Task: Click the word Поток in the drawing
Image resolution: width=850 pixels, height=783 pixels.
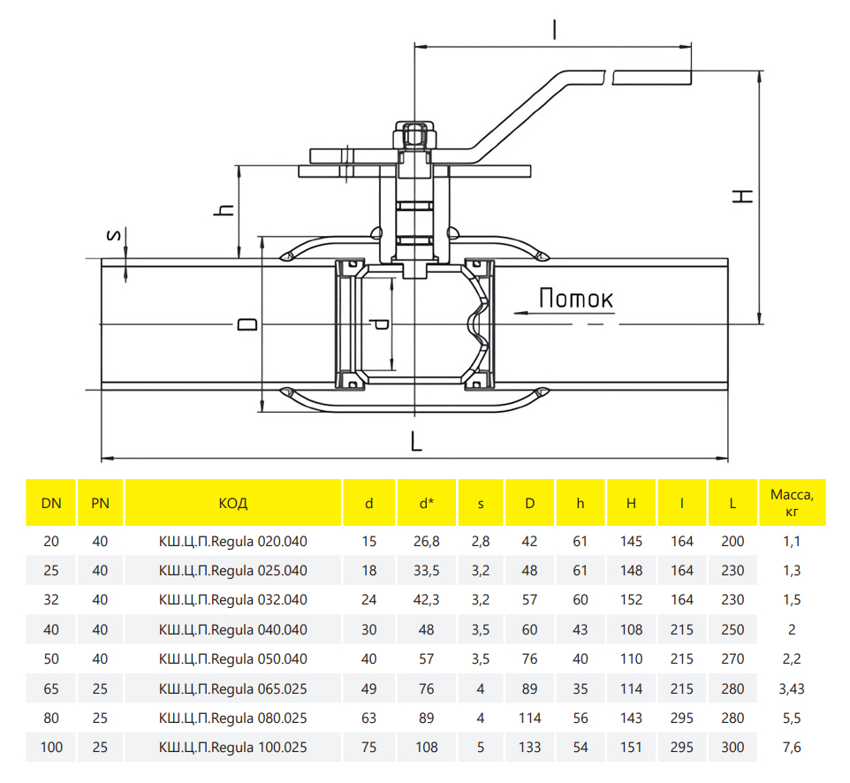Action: click(576, 300)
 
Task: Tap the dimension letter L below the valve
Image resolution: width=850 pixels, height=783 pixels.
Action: click(416, 440)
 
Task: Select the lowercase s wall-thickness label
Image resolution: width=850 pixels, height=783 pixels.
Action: click(112, 235)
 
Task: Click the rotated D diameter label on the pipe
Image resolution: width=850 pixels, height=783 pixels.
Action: click(250, 325)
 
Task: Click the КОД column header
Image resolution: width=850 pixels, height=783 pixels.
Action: click(232, 504)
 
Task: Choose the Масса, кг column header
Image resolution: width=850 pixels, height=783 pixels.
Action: click(791, 503)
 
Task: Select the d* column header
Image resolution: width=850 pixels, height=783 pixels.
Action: click(426, 504)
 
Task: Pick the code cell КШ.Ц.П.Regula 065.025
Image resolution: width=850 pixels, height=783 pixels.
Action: click(232, 688)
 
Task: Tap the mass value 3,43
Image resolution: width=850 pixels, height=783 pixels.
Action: click(791, 688)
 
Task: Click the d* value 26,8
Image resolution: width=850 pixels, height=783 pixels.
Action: click(426, 541)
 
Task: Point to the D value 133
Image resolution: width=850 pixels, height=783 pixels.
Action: click(529, 748)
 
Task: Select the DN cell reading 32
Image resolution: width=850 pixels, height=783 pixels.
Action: click(51, 600)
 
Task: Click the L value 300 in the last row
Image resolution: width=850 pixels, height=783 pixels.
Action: click(732, 748)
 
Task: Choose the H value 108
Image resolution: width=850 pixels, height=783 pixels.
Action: click(631, 630)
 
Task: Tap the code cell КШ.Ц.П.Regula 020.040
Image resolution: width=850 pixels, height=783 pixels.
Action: click(232, 541)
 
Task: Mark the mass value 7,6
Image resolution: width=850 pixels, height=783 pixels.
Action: click(791, 748)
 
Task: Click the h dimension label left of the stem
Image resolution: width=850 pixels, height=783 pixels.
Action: click(226, 210)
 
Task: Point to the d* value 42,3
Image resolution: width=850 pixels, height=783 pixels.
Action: click(426, 600)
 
